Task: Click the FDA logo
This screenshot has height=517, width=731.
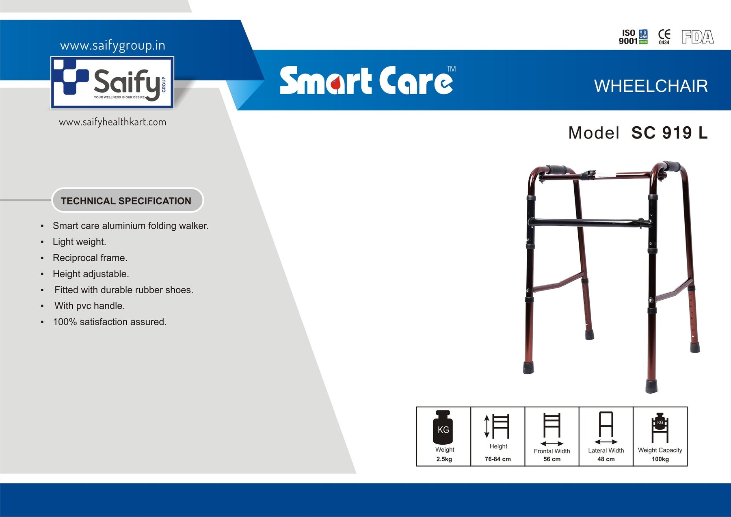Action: coord(697,37)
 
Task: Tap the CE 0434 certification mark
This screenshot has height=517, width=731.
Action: coord(664,37)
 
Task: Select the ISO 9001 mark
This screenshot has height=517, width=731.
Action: coord(633,37)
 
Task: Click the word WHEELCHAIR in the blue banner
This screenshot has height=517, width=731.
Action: coord(651,86)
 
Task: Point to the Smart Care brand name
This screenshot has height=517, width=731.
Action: coord(368,80)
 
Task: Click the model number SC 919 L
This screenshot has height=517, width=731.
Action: coord(669,133)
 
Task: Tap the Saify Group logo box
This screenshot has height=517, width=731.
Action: coord(112,82)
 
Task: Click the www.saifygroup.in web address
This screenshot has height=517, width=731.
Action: coord(112,45)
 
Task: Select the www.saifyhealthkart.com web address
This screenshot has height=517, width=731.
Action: coord(112,122)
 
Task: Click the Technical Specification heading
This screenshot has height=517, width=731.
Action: coord(126,201)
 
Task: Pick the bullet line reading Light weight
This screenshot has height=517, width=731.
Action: coord(79,242)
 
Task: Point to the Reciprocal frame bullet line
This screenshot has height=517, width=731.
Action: coord(90,258)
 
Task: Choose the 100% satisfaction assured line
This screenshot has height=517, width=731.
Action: coord(110,322)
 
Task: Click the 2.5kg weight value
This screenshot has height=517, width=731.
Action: coord(444,459)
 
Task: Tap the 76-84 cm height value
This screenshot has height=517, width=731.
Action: coord(497,459)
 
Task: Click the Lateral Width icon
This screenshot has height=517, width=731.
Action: coord(606,428)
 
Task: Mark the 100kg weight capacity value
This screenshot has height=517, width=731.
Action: coord(660,459)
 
